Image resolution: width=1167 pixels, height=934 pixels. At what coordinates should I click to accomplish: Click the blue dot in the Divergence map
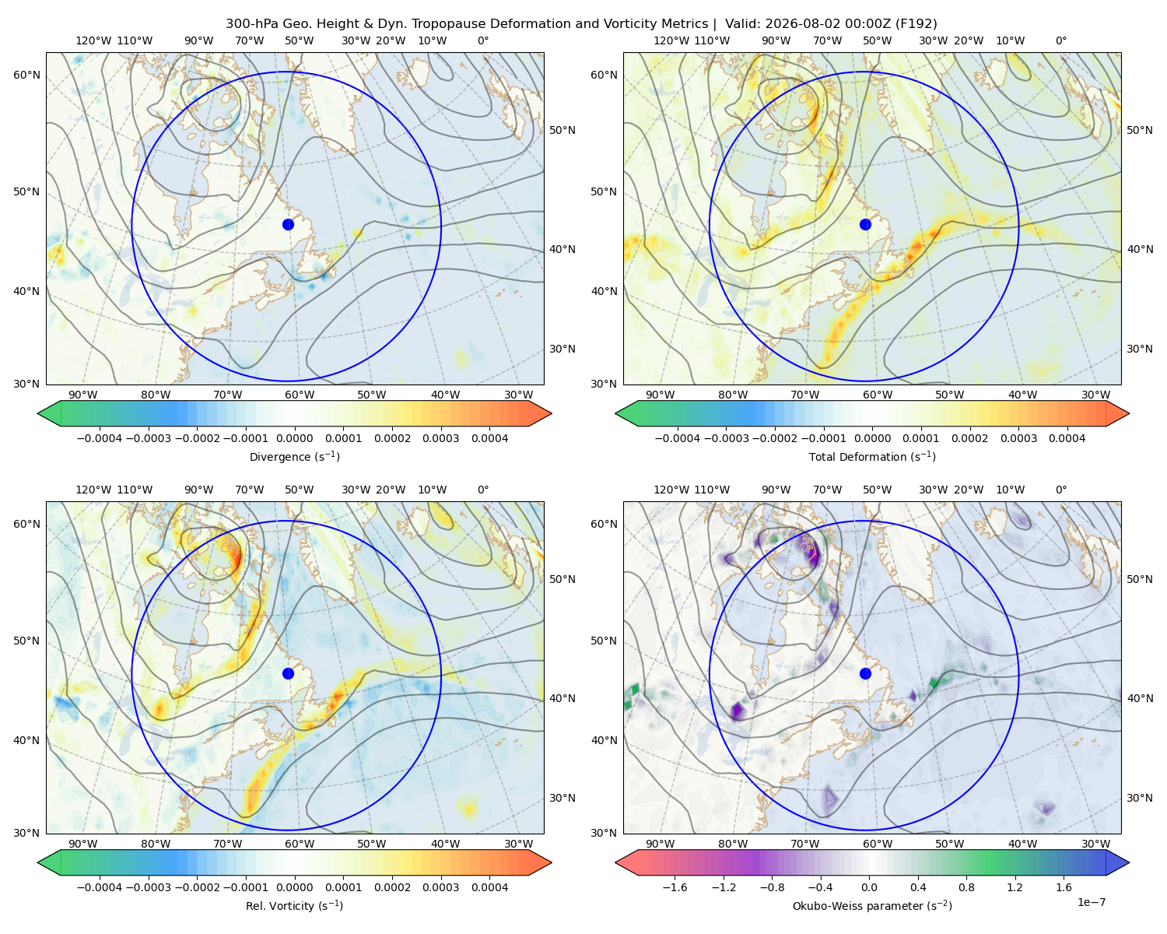point(288,224)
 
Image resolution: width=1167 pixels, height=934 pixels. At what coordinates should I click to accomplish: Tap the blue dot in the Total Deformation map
point(865,224)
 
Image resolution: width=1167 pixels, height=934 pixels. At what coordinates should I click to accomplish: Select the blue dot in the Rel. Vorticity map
point(288,673)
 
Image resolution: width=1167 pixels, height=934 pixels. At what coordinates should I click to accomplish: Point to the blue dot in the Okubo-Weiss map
point(865,673)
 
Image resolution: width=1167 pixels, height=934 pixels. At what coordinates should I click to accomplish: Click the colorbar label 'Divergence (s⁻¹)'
point(294,456)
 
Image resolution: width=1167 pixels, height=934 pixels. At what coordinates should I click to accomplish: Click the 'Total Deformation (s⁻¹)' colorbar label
point(872,456)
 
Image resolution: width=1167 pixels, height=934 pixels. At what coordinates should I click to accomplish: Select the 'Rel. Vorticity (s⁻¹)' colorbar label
point(294,905)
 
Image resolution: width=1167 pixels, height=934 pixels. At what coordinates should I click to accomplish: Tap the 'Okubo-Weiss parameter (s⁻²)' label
point(872,905)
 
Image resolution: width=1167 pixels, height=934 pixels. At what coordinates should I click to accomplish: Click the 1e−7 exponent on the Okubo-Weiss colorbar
point(1091,902)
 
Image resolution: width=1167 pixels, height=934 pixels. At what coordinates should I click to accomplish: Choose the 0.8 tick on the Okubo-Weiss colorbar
point(966,887)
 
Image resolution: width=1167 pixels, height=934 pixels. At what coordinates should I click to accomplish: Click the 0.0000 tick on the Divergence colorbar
point(294,438)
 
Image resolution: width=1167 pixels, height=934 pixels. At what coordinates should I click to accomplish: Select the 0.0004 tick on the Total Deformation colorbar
point(1067,438)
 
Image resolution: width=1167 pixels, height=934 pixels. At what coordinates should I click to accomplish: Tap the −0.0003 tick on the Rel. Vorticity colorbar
point(148,887)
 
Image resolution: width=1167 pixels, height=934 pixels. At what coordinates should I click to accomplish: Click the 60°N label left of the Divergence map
point(26,75)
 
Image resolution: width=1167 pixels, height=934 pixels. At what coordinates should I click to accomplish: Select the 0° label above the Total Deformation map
point(1060,40)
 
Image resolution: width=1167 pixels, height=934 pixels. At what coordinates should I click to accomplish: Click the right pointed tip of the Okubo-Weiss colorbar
point(1129,862)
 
